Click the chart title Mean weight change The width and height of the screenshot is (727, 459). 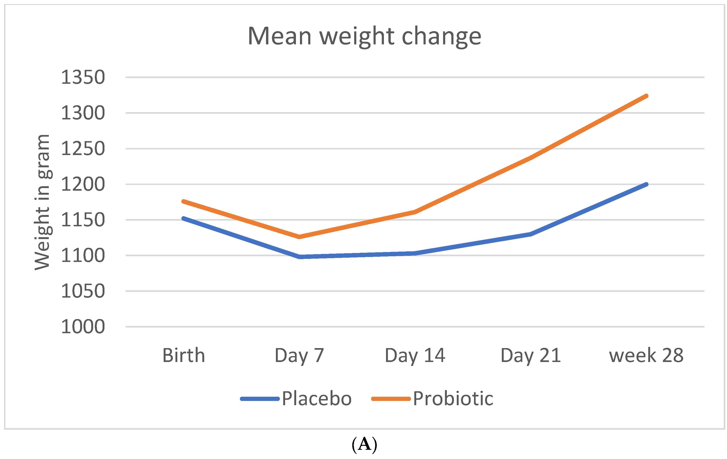(x=364, y=36)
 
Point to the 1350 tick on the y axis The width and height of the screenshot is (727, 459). (x=83, y=77)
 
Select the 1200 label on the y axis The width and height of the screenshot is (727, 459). (x=83, y=184)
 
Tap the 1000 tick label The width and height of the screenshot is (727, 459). (x=83, y=327)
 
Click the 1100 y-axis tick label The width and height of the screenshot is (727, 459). (x=83, y=256)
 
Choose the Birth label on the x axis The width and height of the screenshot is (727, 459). (x=183, y=355)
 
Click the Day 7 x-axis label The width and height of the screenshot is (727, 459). (x=299, y=355)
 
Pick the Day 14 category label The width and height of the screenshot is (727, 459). (x=415, y=355)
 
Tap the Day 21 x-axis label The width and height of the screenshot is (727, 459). (x=531, y=355)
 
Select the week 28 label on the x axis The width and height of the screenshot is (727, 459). (x=646, y=355)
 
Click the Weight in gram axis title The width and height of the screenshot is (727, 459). (x=42, y=202)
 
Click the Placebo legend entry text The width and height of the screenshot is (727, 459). (x=317, y=399)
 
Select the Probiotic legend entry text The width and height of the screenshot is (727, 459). (x=453, y=399)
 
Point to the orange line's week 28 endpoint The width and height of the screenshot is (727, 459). (x=646, y=96)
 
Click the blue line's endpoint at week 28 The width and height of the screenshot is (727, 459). (x=646, y=184)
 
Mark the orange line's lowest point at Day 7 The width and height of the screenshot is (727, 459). (x=299, y=237)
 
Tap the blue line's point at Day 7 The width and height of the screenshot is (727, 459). (x=299, y=257)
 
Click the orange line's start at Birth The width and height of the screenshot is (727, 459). (x=183, y=201)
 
